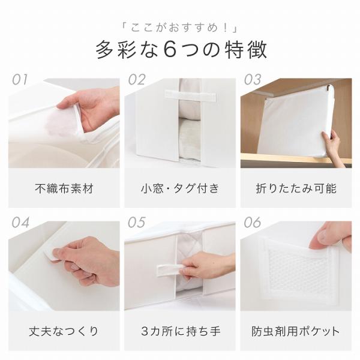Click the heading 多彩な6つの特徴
181,50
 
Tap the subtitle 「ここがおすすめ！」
180,28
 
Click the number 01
20,80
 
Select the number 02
137,80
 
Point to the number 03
253,80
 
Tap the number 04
20,223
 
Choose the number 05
137,223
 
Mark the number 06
253,223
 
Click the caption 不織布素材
64,188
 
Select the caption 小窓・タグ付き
180,188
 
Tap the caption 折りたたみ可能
296,188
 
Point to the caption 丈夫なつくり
64,331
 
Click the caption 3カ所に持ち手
181,331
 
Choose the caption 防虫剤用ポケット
296,331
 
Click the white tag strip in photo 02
190,96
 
